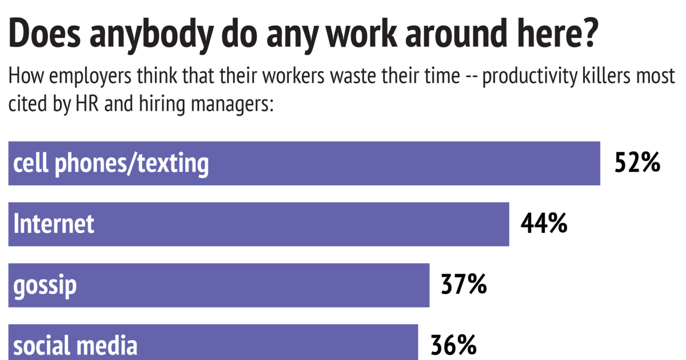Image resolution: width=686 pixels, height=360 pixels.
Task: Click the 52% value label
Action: coord(637,164)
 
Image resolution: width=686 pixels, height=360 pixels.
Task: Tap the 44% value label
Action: coord(544,225)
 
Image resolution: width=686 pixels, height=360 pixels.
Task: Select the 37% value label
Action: coord(464,285)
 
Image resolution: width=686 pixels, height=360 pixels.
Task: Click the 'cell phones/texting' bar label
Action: coord(111,164)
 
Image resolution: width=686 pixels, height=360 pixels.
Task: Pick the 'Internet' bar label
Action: coord(54,225)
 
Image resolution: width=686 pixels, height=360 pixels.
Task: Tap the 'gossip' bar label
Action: coord(45,286)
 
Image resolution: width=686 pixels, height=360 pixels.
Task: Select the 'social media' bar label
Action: coord(75,346)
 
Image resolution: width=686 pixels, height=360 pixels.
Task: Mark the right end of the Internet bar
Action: coord(508,225)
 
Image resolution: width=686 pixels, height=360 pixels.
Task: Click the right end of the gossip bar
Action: coord(428,285)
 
